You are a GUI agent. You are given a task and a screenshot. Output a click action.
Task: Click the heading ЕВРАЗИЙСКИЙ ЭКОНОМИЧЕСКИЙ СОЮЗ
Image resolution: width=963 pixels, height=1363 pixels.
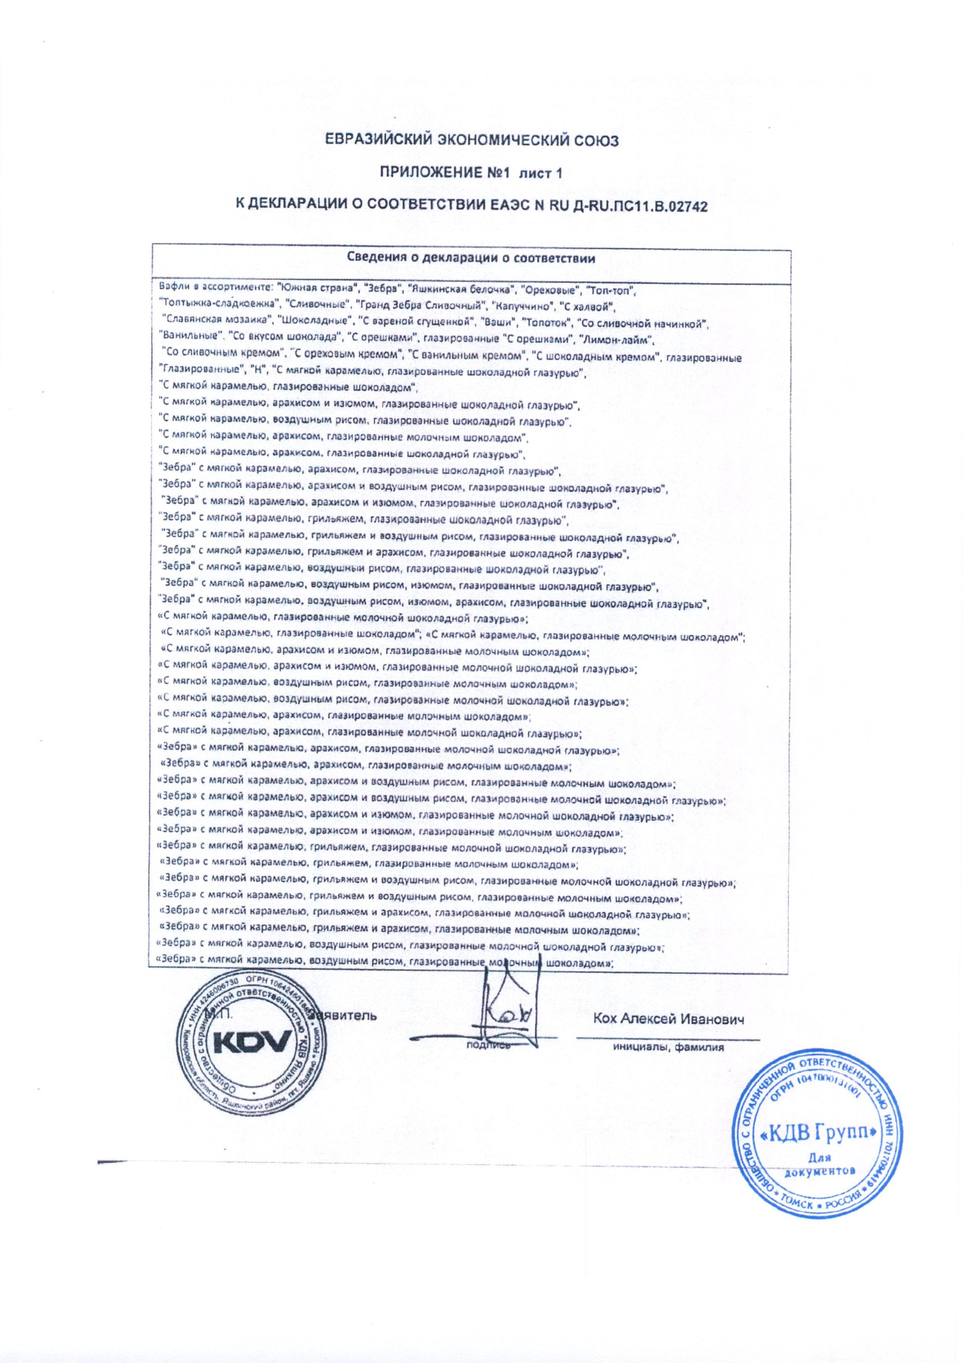tap(473, 141)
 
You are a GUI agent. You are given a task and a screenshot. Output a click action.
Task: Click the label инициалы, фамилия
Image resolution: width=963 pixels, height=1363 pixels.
tap(669, 1048)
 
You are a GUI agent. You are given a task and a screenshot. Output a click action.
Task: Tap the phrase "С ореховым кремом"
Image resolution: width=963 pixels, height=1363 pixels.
tap(344, 356)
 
